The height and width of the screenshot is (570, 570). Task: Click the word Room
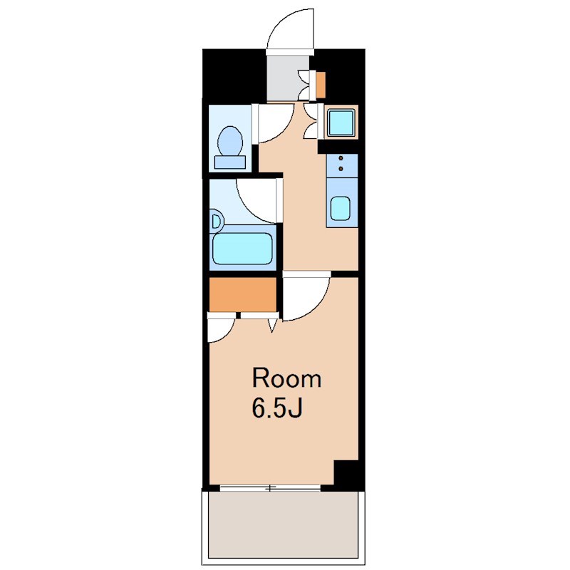tap(287, 378)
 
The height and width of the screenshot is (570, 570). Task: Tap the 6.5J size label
tap(277, 408)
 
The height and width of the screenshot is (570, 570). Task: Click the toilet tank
tap(229, 162)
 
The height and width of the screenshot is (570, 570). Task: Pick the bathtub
tap(242, 249)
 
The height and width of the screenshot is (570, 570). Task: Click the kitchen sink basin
tap(341, 208)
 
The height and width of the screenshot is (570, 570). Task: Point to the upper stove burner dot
tap(341, 158)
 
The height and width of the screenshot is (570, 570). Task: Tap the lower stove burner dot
tap(341, 168)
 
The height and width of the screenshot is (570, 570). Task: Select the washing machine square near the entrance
tap(341, 123)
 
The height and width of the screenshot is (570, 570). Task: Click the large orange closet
tap(242, 295)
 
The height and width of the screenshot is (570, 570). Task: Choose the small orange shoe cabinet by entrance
tap(321, 85)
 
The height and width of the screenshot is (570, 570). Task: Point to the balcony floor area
tap(282, 527)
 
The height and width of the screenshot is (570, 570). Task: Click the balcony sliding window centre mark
tap(270, 489)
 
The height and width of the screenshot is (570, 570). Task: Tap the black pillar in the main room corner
tap(346, 472)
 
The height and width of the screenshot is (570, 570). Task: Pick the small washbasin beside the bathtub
tap(217, 222)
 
